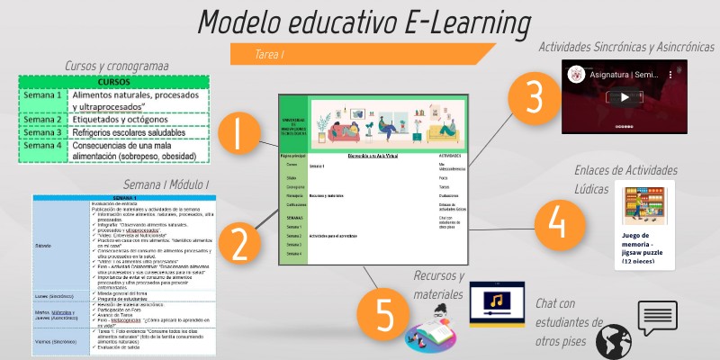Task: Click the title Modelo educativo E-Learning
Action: tap(364, 22)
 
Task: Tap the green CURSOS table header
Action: tap(113, 82)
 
